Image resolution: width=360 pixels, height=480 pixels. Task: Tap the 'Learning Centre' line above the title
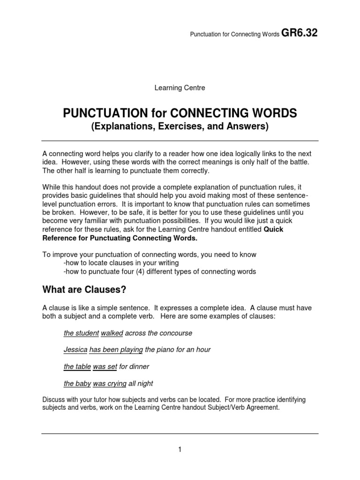[x=180, y=88]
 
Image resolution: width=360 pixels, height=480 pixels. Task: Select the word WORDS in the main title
[x=273, y=113]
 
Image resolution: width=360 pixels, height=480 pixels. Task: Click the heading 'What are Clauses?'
[x=84, y=290]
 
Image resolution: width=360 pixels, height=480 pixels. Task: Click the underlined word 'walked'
[x=112, y=333]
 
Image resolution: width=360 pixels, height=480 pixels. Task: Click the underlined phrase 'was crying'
[x=110, y=383]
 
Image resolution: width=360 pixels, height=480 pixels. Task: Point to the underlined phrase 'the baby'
[x=77, y=383]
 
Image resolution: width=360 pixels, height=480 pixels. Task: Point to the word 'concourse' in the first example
[x=176, y=333]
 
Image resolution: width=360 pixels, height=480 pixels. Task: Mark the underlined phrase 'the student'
[x=81, y=333]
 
